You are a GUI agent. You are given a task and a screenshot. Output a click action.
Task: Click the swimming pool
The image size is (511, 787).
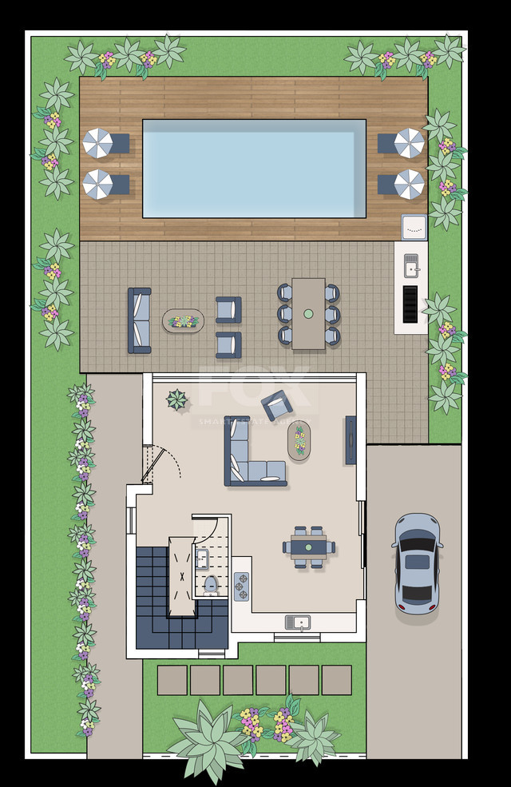point(254,169)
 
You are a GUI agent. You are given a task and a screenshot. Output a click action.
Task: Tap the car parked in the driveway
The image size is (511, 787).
point(417,562)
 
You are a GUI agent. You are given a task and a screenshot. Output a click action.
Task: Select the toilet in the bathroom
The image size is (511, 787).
point(211,584)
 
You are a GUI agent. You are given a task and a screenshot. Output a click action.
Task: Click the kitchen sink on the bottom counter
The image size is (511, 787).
point(298,622)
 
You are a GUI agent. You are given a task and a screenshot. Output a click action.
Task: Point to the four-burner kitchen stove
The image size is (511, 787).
point(241,586)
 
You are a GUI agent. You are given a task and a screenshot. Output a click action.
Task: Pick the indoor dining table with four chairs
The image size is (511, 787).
point(308,547)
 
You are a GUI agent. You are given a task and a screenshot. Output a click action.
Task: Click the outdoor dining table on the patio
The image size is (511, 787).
point(308,313)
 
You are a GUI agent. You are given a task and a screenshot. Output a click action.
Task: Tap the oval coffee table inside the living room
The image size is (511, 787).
point(299,440)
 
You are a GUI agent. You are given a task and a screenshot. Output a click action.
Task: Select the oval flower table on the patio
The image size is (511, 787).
point(184,321)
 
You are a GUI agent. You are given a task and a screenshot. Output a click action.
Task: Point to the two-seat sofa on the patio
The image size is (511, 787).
point(140,320)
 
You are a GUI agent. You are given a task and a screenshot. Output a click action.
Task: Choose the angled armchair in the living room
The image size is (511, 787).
point(277,405)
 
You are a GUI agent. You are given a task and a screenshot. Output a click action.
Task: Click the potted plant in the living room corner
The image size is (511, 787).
point(176,399)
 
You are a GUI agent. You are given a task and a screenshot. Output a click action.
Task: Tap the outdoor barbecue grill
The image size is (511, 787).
point(410,304)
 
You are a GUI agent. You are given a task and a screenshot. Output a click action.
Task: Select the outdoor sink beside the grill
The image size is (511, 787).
point(410,264)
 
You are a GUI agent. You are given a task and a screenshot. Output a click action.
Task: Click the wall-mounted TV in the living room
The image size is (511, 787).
point(351,439)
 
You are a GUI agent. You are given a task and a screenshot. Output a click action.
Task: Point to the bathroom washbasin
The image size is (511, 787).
point(202,558)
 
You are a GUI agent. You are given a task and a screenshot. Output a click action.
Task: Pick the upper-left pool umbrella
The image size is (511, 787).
point(98,143)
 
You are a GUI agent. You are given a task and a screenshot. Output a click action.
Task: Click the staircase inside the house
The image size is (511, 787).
point(172,595)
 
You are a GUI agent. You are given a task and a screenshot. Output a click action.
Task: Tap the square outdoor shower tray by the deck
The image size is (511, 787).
point(414,227)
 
